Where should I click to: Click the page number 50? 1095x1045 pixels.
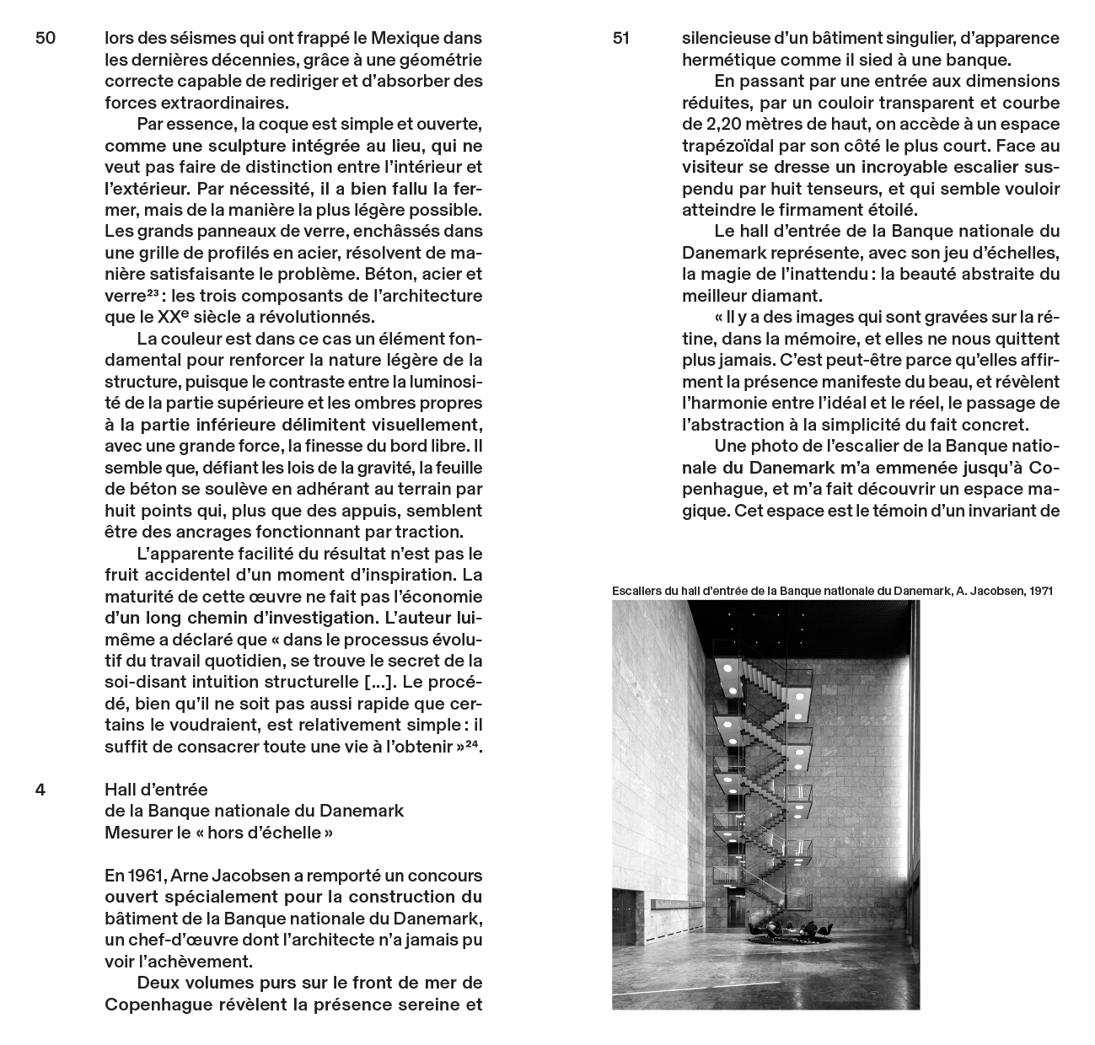pyautogui.click(x=46, y=39)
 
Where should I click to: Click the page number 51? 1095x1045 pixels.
pyautogui.click(x=621, y=39)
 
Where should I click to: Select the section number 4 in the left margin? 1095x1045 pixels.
pyautogui.click(x=40, y=790)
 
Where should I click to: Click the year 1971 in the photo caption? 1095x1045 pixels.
pyautogui.click(x=1040, y=591)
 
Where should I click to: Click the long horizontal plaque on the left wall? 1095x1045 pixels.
pyautogui.click(x=683, y=899)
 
